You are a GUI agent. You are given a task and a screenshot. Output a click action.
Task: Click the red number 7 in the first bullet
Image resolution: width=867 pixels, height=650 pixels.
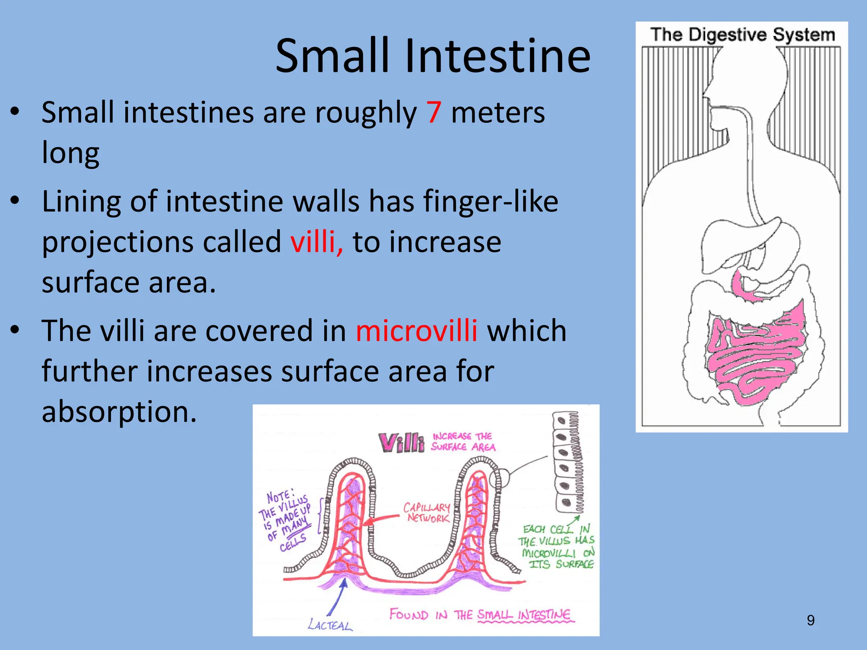coord(433,113)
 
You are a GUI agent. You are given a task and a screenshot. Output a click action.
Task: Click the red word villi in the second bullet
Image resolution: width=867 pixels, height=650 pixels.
coord(316,242)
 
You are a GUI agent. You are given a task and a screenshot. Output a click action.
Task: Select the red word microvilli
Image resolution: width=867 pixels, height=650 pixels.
coord(417,331)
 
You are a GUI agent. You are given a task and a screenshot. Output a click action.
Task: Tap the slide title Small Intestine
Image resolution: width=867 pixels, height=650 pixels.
coord(433,56)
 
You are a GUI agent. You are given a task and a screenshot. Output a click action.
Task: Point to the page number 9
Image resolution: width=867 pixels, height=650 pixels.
coord(810,620)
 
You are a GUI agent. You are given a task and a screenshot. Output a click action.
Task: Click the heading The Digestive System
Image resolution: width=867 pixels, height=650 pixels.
coord(742,35)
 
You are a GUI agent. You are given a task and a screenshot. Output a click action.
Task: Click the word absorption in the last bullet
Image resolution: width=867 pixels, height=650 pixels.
coord(119,412)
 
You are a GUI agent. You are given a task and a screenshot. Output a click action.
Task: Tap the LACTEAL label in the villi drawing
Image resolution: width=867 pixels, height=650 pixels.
coord(330,624)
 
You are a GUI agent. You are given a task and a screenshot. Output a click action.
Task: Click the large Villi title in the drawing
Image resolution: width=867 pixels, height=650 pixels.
coord(401,443)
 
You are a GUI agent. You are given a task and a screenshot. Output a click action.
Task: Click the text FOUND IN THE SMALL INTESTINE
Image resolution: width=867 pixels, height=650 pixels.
coord(480,614)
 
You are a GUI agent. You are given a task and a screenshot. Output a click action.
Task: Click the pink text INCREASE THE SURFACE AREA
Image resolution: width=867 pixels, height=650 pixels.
coord(463,441)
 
